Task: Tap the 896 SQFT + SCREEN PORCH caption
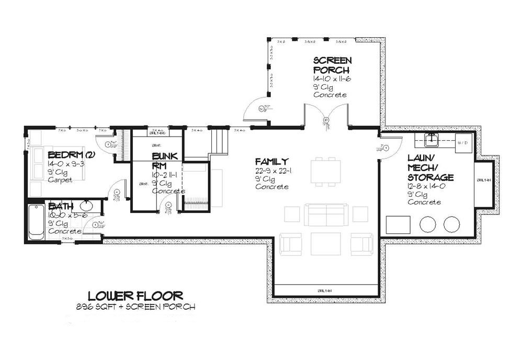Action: (135, 307)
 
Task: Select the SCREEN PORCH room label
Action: (332, 65)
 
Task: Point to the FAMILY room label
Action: (272, 161)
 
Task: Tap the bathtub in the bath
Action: (36, 221)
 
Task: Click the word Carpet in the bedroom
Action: (59, 179)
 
